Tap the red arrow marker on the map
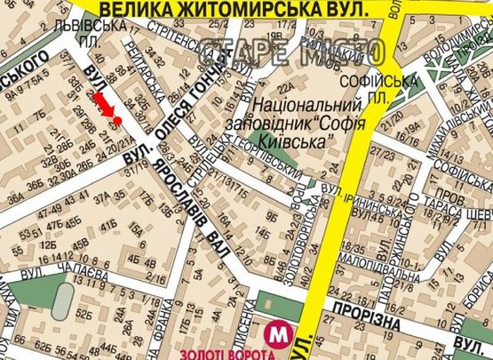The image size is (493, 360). (107, 104)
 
